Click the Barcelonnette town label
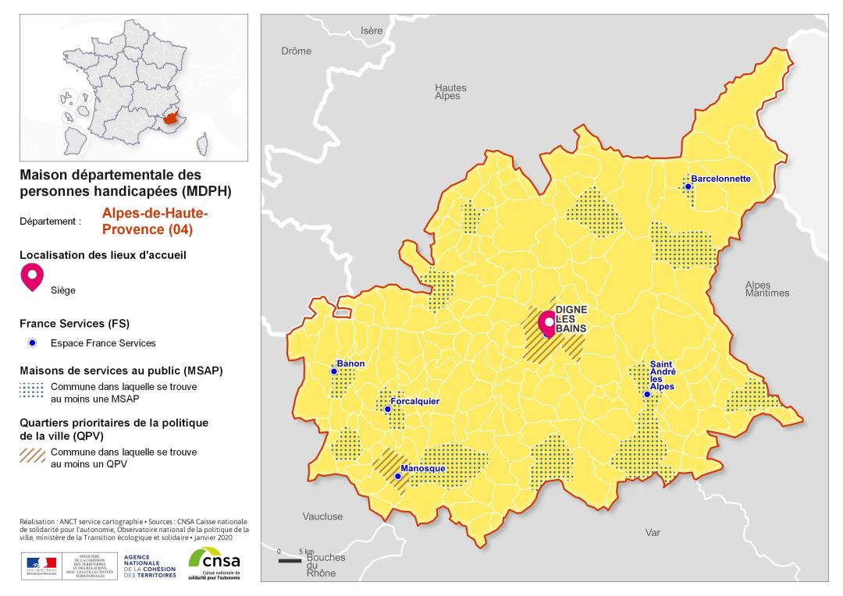720,179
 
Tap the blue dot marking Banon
334,371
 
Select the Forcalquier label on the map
416,401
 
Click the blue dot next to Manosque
397,476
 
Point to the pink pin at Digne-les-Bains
549,321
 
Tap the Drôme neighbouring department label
296,51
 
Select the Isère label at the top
372,31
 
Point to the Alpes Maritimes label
767,289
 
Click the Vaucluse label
322,516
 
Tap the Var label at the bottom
653,533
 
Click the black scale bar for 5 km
290,561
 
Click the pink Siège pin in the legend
32,277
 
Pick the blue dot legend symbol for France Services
32,343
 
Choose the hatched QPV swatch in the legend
32,457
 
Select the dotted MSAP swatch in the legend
32,392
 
